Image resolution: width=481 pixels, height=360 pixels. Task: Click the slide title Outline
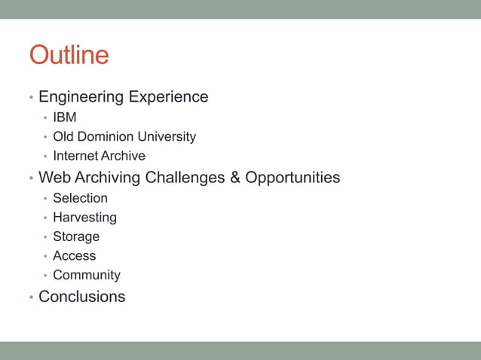tap(69, 55)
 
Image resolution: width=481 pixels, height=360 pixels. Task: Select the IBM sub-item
tap(65, 117)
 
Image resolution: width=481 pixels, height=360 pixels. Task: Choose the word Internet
tap(75, 156)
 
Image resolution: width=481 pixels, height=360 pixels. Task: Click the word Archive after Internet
tap(122, 156)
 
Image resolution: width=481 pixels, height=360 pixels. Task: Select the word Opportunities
tap(293, 178)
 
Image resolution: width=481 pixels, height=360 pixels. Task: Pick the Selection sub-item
tap(80, 198)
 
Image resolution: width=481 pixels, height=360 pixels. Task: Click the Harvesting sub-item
tap(84, 218)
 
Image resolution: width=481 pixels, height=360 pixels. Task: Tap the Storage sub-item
tap(76, 236)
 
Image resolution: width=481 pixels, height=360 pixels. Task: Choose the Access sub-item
tap(75, 256)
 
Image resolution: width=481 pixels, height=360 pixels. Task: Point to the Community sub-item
tap(87, 276)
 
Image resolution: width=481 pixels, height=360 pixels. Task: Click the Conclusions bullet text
tap(82, 297)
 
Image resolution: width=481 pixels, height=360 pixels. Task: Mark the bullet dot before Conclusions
tap(31, 297)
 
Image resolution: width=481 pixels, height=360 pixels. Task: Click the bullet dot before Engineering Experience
tap(31, 98)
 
